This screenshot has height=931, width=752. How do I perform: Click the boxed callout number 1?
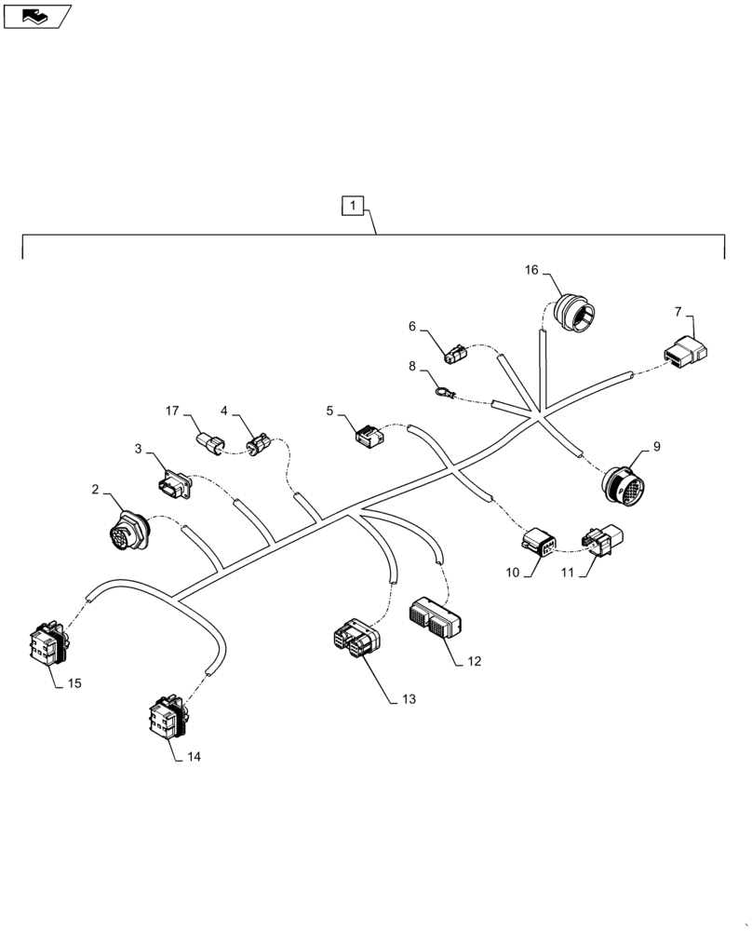(x=355, y=207)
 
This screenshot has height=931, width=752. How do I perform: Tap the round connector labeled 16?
(x=576, y=314)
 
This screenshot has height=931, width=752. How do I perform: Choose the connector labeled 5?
(x=369, y=433)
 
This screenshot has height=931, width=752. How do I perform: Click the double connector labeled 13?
(x=354, y=639)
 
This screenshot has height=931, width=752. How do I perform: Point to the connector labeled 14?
(x=168, y=722)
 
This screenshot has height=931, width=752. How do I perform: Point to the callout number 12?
(x=474, y=662)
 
